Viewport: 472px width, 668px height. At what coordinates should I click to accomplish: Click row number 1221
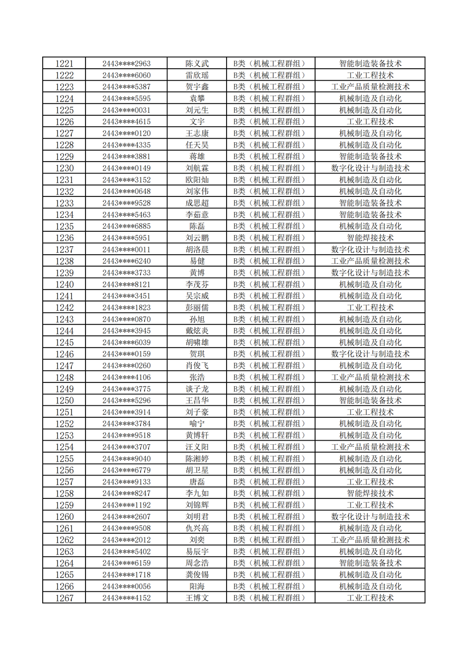pyautogui.click(x=64, y=64)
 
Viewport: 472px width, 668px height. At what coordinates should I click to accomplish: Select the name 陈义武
pyautogui.click(x=197, y=64)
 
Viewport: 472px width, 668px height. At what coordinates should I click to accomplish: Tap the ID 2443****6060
pyautogui.click(x=126, y=75)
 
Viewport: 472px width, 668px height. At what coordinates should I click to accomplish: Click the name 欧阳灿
pyautogui.click(x=197, y=180)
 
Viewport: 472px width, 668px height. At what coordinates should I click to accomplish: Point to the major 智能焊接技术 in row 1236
pyautogui.click(x=370, y=238)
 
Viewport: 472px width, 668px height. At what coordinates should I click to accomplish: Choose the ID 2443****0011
pyautogui.click(x=126, y=250)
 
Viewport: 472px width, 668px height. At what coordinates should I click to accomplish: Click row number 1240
pyautogui.click(x=64, y=285)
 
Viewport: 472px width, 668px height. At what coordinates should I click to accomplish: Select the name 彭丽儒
pyautogui.click(x=197, y=308)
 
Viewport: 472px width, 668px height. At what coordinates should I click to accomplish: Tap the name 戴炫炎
pyautogui.click(x=197, y=331)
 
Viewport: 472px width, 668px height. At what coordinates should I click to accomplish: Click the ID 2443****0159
pyautogui.click(x=126, y=354)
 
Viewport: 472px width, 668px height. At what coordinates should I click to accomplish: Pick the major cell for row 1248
pyautogui.click(x=370, y=378)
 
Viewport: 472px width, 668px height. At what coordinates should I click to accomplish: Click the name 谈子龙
pyautogui.click(x=197, y=389)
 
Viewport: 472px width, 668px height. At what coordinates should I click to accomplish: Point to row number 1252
pyautogui.click(x=64, y=424)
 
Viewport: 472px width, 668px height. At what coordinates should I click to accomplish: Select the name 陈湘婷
pyautogui.click(x=197, y=459)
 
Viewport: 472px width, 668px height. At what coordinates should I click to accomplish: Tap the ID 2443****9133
pyautogui.click(x=126, y=482)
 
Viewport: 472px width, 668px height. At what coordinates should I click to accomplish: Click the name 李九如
pyautogui.click(x=197, y=493)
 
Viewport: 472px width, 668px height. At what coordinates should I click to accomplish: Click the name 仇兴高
pyautogui.click(x=197, y=528)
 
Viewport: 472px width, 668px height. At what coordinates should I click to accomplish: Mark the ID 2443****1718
pyautogui.click(x=126, y=575)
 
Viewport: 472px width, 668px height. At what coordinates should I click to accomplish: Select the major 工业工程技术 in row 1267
pyautogui.click(x=370, y=598)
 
